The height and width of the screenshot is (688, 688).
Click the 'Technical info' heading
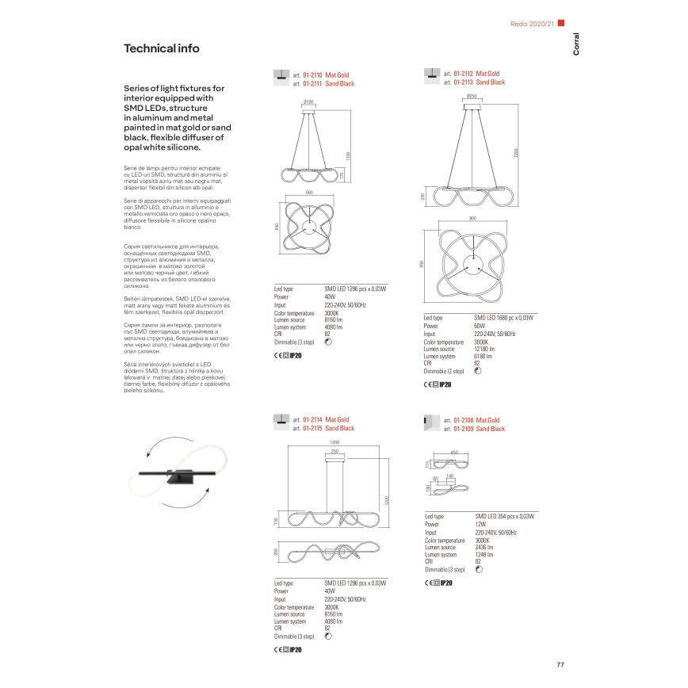[x=162, y=48]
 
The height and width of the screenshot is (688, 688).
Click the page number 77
[x=560, y=663]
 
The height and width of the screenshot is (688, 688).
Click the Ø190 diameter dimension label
[x=309, y=102]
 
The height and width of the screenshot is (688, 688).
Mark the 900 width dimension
[x=472, y=217]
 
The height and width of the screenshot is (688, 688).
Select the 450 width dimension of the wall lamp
[x=454, y=453]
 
